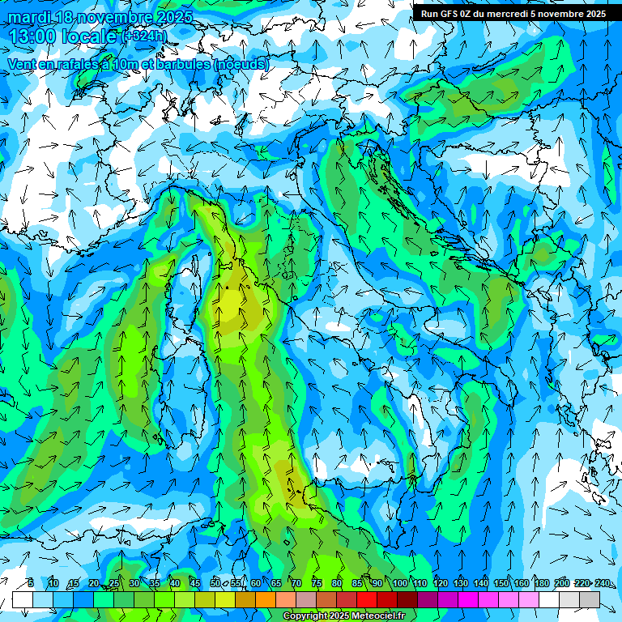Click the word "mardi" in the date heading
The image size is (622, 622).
click(28, 17)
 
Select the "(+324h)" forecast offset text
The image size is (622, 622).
click(144, 36)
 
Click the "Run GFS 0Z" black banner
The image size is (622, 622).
click(513, 14)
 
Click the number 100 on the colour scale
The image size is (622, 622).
click(399, 583)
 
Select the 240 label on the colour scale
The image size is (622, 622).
click(602, 583)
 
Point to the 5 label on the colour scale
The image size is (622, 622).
click(30, 583)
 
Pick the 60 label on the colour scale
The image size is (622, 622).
click(256, 583)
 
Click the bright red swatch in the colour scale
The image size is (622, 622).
click(367, 599)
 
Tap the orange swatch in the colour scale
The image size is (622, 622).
click(266, 599)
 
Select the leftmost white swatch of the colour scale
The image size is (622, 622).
click(23, 599)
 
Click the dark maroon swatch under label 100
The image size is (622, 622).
click(407, 599)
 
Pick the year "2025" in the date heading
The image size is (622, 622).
click(174, 17)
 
